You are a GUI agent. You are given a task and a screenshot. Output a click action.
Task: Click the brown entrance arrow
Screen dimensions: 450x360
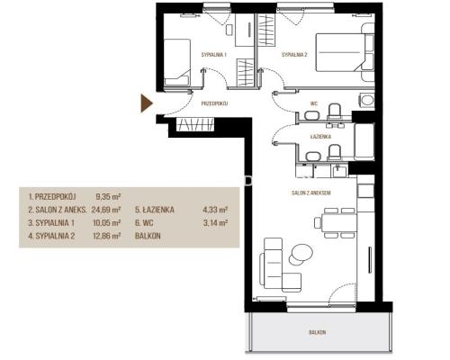[147, 103]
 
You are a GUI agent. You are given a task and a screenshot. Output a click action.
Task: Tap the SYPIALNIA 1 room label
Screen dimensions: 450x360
[213, 55]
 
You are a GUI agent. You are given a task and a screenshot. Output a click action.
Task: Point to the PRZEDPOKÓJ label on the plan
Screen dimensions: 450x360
[214, 103]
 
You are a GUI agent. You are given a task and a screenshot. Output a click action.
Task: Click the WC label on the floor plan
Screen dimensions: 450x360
[314, 103]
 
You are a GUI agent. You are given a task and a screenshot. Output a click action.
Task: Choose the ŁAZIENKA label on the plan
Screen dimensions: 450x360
[320, 137]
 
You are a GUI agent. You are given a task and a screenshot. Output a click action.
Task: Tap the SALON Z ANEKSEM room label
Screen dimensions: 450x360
[311, 193]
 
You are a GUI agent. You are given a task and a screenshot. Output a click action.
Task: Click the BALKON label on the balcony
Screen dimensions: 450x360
[318, 332]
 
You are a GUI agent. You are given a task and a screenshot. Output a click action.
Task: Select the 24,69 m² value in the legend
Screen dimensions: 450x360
[106, 210]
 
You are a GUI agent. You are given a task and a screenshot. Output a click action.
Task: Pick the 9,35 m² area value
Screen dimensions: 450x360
[108, 197]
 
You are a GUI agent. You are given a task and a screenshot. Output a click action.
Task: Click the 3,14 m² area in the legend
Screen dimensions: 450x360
[215, 223]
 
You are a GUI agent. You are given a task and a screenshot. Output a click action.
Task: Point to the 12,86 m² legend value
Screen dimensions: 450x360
[107, 236]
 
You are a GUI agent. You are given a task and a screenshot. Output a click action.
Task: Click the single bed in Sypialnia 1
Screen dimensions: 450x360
[177, 62]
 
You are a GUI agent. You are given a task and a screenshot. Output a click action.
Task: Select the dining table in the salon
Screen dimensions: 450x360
[339, 222]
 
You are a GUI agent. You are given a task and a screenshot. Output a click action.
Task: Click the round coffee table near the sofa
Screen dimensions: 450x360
[301, 254]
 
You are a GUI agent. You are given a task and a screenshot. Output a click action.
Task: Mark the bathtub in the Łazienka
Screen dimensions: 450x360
[364, 141]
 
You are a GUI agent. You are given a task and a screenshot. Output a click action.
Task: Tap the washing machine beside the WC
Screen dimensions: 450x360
[367, 100]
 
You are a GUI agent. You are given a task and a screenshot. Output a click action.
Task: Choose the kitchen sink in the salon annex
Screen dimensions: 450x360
[339, 171]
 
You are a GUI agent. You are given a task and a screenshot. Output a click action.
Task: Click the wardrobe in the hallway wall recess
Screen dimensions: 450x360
[195, 124]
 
